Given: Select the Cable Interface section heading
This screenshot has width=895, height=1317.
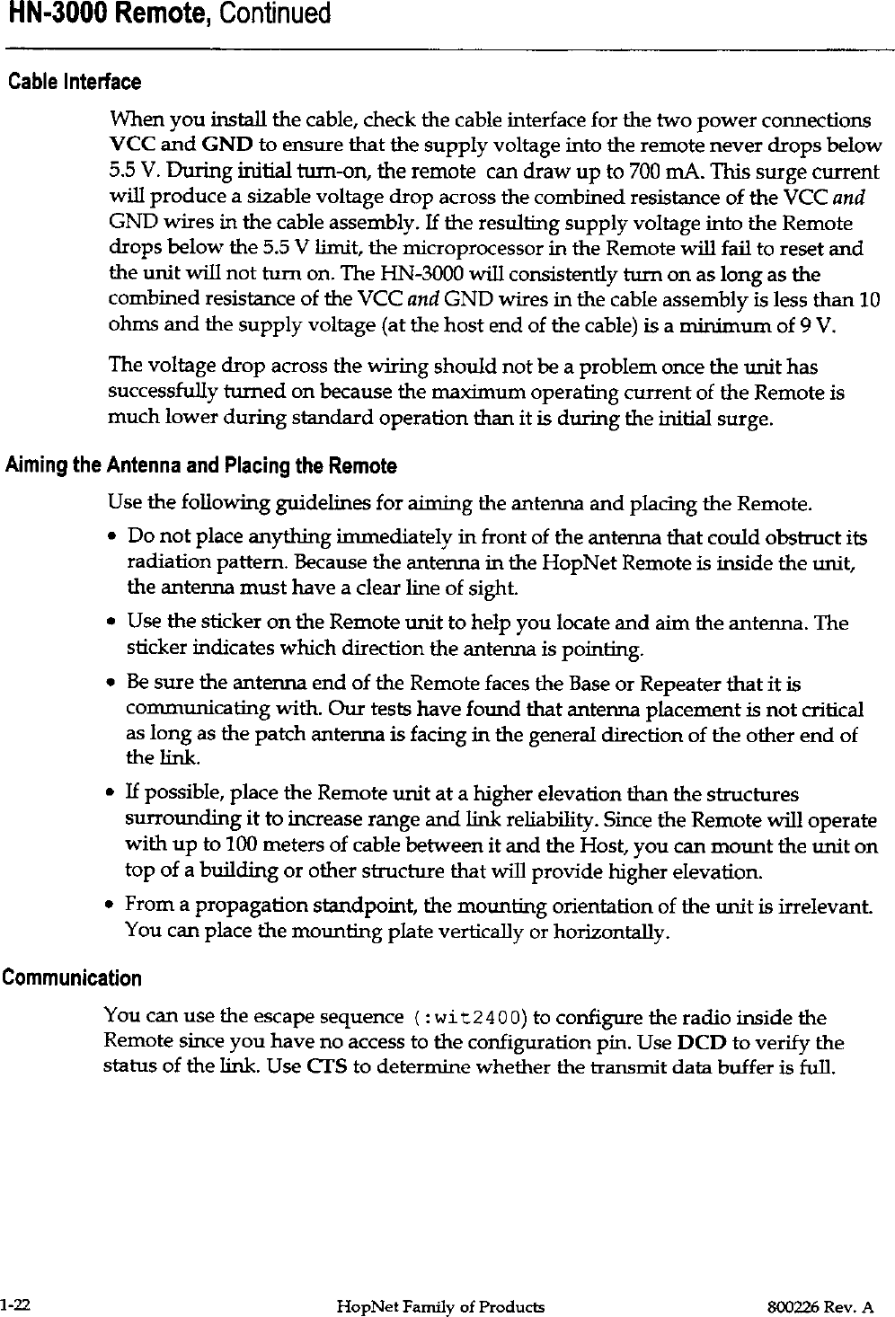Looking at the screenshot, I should coord(75,83).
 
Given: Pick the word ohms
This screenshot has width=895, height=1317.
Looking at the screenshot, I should coord(129,324).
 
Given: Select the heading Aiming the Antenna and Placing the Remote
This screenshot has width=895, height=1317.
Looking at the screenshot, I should coord(201,466).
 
